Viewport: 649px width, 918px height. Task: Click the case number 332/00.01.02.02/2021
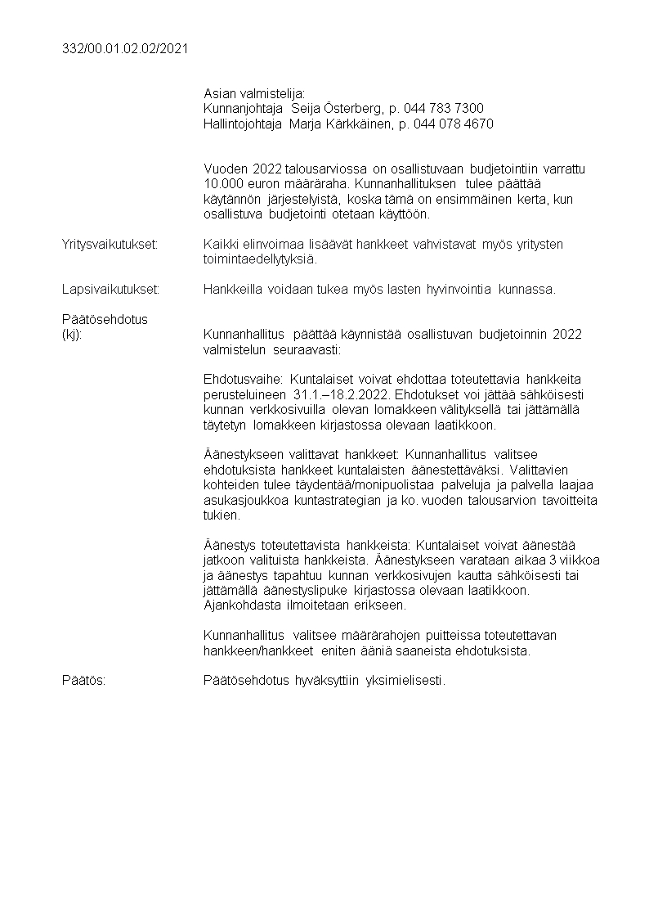[125, 49]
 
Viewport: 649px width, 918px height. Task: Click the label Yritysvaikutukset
[110, 245]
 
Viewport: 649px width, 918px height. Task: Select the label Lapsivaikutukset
[110, 289]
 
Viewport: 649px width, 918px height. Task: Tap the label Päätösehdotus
[105, 319]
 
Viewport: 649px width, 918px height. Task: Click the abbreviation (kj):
[72, 334]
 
